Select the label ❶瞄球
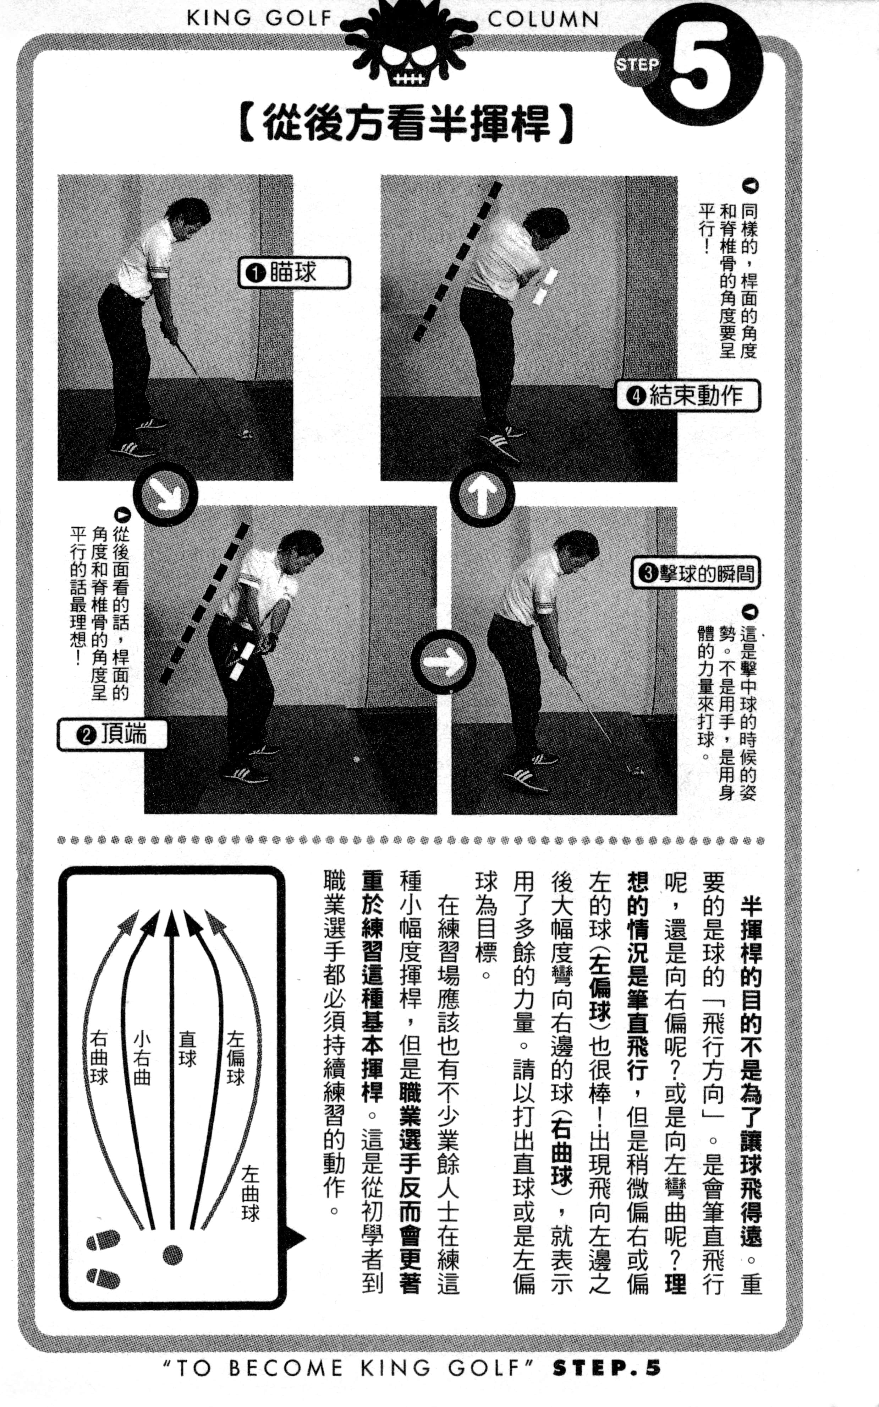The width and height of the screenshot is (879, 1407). tap(294, 273)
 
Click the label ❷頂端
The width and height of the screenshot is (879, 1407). tap(112, 735)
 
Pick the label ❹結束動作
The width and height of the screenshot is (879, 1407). tap(688, 396)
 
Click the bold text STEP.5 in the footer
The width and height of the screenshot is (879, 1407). tap(606, 1368)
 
